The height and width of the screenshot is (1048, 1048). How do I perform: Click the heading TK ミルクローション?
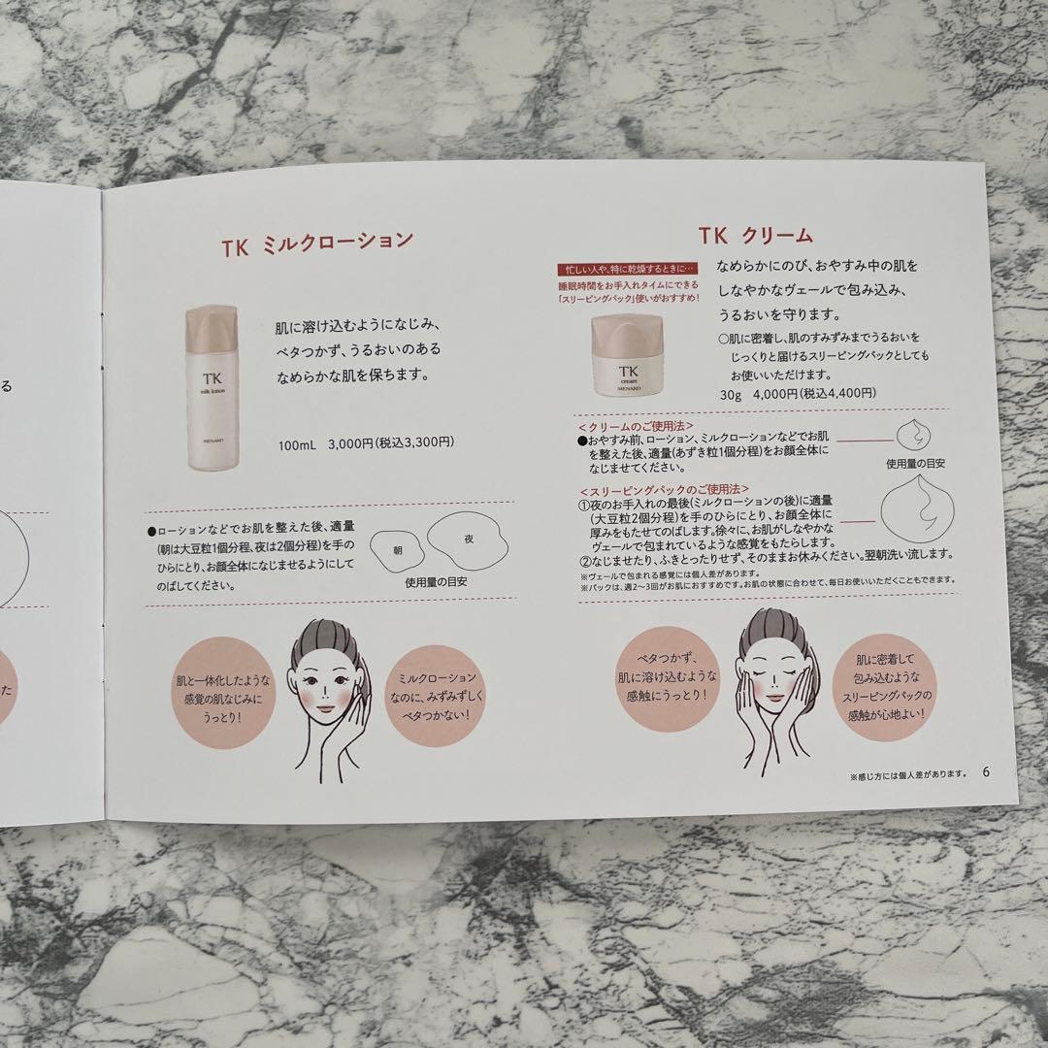click(316, 242)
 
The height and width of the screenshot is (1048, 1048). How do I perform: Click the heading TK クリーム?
click(755, 236)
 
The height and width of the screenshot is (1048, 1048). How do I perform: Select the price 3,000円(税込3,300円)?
click(365, 443)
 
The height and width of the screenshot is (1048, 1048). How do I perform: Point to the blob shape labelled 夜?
click(467, 539)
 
